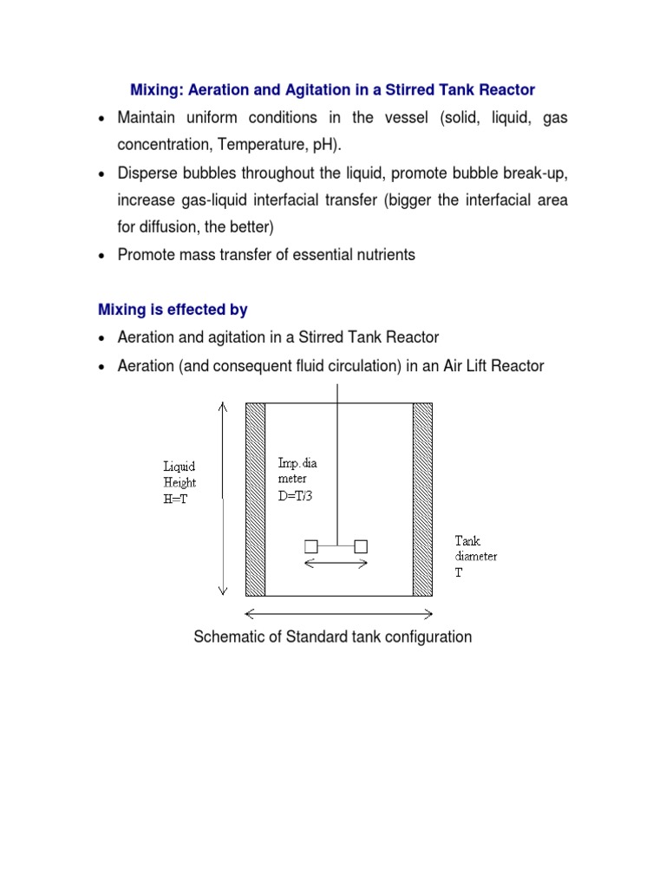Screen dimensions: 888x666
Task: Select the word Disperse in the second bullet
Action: [x=147, y=174]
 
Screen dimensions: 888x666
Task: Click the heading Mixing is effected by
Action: [x=173, y=310]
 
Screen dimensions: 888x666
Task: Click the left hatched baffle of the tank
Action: [x=255, y=499]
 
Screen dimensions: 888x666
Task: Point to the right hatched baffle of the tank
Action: [x=422, y=499]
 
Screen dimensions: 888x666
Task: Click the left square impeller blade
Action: [x=310, y=545]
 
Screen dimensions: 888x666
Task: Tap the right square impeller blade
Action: [x=361, y=545]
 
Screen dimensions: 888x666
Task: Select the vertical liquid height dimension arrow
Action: [x=223, y=499]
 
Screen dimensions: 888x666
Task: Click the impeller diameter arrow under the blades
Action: [x=336, y=564]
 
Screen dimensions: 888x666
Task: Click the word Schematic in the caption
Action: [x=227, y=637]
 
